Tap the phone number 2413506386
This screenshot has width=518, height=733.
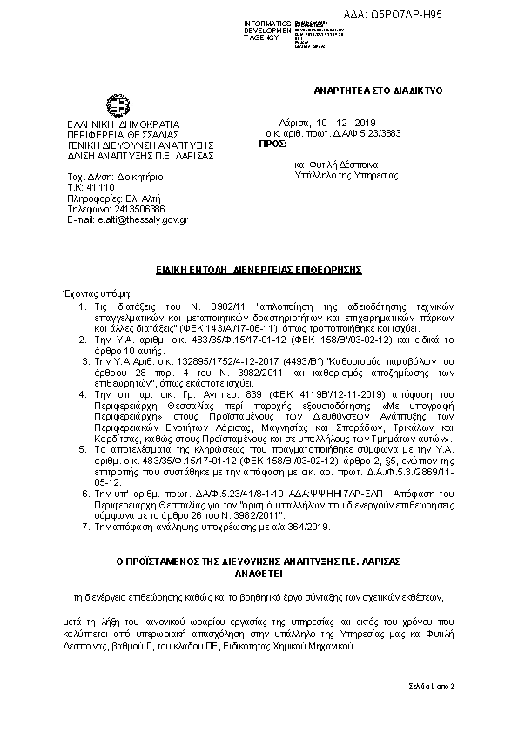click(x=136, y=209)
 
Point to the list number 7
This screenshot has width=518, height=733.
click(x=83, y=527)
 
